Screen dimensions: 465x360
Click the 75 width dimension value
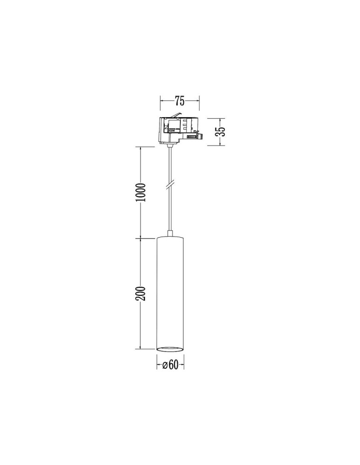(x=180, y=100)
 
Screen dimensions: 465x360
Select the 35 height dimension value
(x=222, y=131)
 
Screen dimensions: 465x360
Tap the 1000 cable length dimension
(x=142, y=193)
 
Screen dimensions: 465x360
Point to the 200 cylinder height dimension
(x=142, y=293)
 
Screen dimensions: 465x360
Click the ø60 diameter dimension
(x=171, y=365)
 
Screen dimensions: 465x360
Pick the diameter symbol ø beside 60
(x=165, y=365)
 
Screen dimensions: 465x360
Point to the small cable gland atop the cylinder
(x=171, y=233)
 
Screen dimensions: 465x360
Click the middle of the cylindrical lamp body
(x=170, y=293)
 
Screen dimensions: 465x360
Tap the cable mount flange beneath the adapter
(x=171, y=145)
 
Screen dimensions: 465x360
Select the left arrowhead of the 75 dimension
(x=161, y=100)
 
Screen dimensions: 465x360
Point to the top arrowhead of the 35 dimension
(x=221, y=118)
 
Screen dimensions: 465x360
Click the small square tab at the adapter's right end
(x=201, y=136)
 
